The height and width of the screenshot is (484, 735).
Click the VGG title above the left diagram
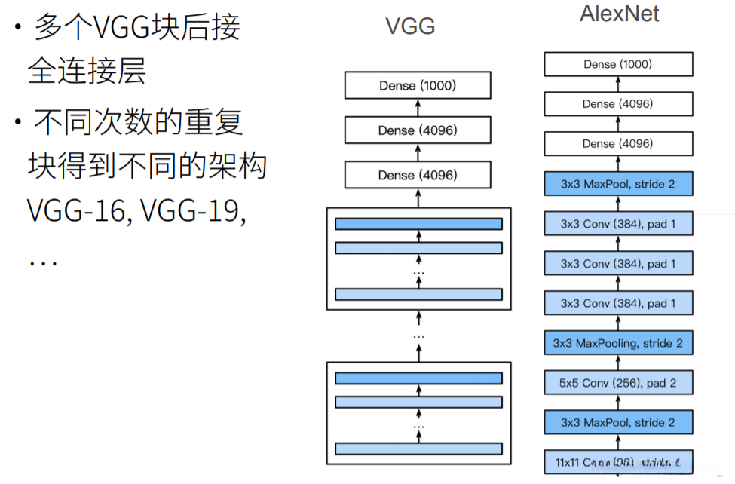[410, 26]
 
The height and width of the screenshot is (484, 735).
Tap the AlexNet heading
[619, 14]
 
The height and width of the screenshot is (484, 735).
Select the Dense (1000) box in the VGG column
[418, 86]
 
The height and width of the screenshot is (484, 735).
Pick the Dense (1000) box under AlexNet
[617, 65]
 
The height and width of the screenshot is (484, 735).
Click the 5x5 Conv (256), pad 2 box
[617, 383]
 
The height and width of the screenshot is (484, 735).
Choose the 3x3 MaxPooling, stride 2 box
[617, 343]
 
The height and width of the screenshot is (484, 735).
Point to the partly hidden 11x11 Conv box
[617, 461]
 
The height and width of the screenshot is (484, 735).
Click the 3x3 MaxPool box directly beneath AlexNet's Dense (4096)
[617, 184]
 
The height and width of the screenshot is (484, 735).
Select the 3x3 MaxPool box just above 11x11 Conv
[617, 423]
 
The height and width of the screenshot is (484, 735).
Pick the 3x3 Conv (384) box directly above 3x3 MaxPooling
[617, 303]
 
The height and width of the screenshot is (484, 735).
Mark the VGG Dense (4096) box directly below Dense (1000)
[418, 130]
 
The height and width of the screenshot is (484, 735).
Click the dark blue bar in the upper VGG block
[418, 224]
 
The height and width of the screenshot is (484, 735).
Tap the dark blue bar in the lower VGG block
[418, 378]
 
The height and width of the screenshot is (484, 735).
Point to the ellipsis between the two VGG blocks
[419, 335]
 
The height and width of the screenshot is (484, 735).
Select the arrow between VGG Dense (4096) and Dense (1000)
[418, 108]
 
